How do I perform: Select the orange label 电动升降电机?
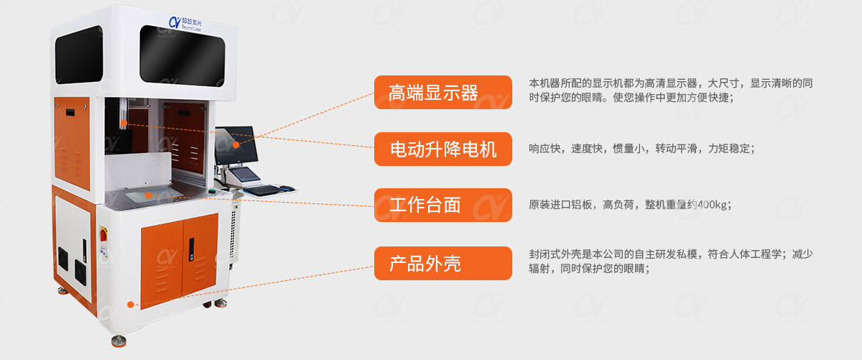(x=442, y=149)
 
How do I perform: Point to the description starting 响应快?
(x=641, y=149)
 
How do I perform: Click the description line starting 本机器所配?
(x=671, y=83)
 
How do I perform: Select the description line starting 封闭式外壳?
(x=671, y=254)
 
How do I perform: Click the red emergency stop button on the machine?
(x=102, y=235)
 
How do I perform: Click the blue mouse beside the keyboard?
(x=287, y=188)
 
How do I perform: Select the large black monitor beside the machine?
(x=235, y=144)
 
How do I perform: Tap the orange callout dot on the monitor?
(x=235, y=144)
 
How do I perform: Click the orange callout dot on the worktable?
(x=147, y=194)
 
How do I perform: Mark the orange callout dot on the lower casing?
(x=130, y=304)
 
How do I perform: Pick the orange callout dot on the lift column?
(x=124, y=123)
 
